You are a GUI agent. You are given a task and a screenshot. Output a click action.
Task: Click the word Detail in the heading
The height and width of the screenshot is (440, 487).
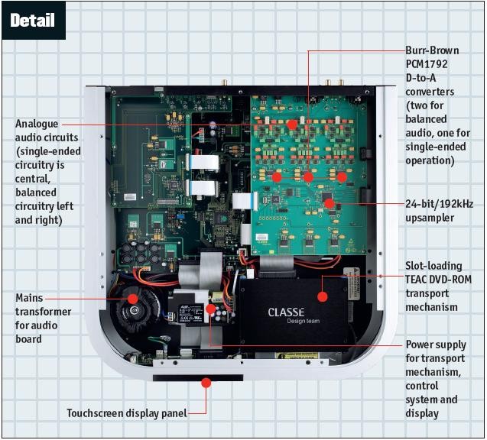coord(33,20)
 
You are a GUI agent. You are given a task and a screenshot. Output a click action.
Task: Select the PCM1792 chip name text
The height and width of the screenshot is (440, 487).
coord(430,66)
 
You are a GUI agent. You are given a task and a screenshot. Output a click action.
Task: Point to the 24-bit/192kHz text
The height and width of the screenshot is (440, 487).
coord(440,204)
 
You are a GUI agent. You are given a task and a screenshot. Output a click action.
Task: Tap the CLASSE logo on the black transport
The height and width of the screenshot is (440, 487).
coord(286,312)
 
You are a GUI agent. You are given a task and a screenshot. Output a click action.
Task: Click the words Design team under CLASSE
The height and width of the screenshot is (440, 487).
coord(286,322)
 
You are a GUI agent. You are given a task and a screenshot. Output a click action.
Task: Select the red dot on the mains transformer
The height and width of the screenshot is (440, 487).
coord(132,298)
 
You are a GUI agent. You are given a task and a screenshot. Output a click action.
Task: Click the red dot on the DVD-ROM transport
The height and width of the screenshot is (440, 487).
coord(323,296)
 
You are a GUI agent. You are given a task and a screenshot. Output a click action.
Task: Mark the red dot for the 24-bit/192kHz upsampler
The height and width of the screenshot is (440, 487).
coord(330,204)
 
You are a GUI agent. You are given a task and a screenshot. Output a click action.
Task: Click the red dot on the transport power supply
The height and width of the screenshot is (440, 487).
coord(211,309)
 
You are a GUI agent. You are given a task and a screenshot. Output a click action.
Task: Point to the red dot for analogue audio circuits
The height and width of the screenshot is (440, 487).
coord(291,124)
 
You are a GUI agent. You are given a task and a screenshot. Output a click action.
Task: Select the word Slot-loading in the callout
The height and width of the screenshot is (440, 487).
coord(433,266)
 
